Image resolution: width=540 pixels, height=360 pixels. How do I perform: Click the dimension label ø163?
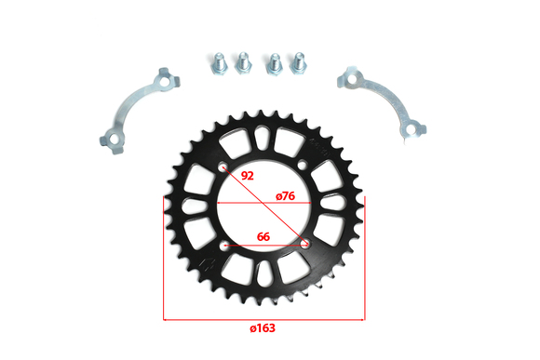pos(263,328)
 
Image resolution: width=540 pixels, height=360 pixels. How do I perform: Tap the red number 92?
pos(248,176)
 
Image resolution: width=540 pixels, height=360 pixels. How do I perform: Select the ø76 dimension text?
pos(286,196)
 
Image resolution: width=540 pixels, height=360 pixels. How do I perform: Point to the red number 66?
pos(263,237)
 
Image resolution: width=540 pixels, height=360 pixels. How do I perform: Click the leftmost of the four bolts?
pos(219,63)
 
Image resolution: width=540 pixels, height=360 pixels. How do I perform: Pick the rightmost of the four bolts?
pos(298,62)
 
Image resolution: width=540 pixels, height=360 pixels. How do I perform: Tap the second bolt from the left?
pos(243,62)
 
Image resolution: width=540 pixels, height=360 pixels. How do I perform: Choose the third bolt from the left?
pos(274,63)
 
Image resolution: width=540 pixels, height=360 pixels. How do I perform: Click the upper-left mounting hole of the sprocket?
pos(223,167)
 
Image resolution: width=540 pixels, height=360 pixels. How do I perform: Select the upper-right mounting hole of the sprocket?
pos(302,165)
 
